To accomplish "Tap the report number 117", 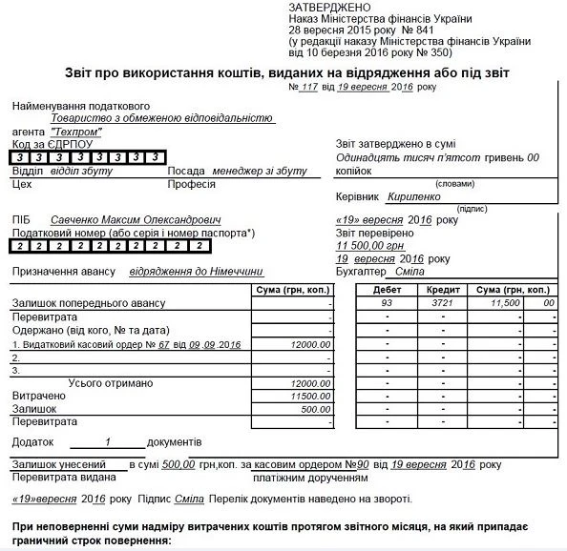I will (x=308, y=88).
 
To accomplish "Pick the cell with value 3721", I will (x=442, y=302).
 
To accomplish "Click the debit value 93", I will (x=387, y=302).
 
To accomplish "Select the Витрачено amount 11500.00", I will (x=309, y=395).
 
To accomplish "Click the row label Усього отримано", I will (x=111, y=382).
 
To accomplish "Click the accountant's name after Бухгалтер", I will (x=409, y=272).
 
